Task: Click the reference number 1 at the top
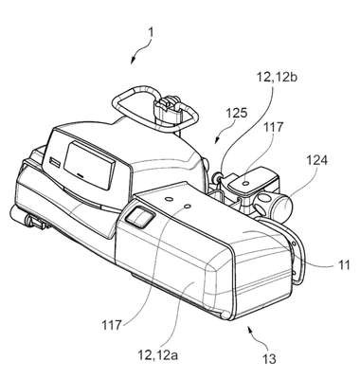click(x=151, y=32)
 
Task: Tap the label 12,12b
click(x=277, y=77)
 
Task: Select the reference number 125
click(x=237, y=113)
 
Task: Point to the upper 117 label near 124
click(x=273, y=128)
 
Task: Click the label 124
click(x=316, y=161)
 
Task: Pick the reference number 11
click(x=344, y=264)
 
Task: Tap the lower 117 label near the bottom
click(x=112, y=325)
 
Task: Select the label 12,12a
click(x=158, y=355)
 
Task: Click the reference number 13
click(x=269, y=359)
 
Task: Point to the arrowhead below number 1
click(x=133, y=62)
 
